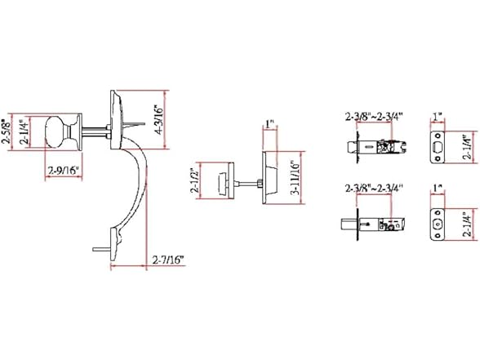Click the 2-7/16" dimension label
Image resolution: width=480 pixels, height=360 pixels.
click(x=167, y=238)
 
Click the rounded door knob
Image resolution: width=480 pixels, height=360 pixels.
click(x=57, y=132)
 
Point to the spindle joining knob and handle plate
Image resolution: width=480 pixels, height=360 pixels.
click(x=91, y=130)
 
